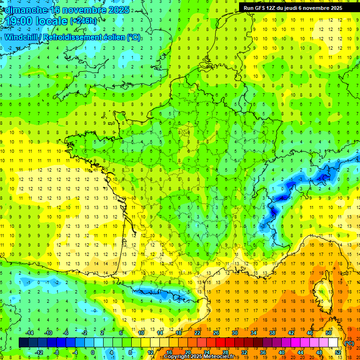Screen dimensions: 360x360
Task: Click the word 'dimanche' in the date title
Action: coord(28,10)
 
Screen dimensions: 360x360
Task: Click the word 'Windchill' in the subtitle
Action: coord(23,37)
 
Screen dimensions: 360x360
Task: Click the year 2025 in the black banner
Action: coord(334,7)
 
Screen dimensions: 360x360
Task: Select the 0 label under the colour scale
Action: coord(92,352)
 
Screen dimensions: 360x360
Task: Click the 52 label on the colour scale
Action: coord(337,352)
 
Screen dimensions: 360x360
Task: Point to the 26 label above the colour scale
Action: coord(216,333)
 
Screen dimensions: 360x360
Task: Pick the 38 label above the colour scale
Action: coord(272,333)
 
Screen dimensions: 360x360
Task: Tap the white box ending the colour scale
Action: coord(333,343)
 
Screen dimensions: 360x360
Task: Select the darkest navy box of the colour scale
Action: coord(23,343)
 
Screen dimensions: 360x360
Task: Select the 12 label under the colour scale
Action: coord(150,352)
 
